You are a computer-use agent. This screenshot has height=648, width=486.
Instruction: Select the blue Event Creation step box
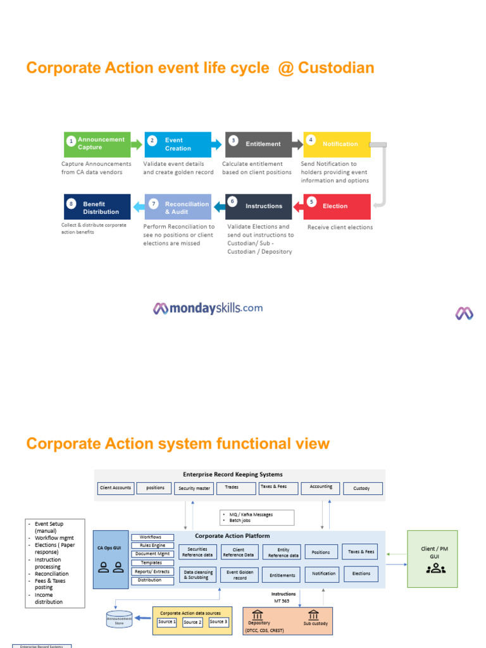[178, 144]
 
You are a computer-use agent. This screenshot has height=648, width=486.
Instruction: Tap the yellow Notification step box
[337, 144]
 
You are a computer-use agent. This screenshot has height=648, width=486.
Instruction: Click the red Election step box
[337, 206]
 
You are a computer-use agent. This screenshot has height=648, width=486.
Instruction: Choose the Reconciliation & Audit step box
[178, 208]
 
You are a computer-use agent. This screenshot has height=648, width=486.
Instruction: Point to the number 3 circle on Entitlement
[234, 140]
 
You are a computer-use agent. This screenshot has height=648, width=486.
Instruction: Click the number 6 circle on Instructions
[232, 201]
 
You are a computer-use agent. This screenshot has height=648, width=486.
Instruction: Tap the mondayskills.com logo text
[208, 308]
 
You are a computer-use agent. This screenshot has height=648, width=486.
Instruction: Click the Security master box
[194, 488]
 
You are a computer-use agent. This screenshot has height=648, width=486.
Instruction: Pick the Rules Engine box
[153, 545]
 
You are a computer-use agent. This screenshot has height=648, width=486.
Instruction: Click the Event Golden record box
[240, 575]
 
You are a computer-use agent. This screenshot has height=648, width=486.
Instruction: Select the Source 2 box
[192, 622]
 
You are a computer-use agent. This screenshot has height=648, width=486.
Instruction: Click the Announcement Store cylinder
[119, 619]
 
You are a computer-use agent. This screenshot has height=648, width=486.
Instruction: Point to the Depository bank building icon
[258, 615]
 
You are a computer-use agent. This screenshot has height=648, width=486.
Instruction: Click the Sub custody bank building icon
[313, 615]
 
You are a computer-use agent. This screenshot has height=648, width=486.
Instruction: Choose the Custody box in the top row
[361, 488]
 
